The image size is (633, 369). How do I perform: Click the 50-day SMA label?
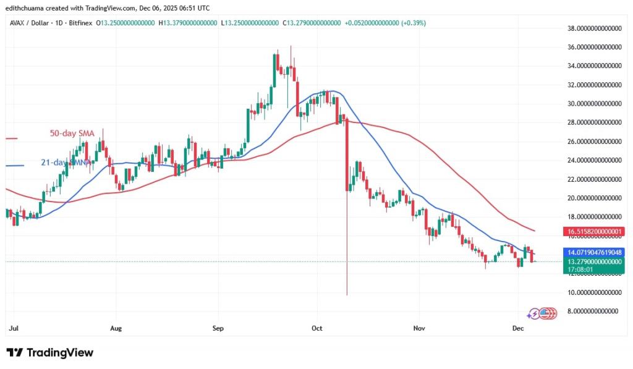click(72, 133)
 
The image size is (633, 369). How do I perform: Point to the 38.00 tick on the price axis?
click(594, 28)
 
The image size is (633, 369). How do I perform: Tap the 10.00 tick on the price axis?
click(594, 292)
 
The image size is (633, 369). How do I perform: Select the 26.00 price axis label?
click(594, 142)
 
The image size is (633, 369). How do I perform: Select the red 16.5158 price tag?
click(594, 232)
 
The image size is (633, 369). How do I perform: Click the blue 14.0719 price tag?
click(594, 252)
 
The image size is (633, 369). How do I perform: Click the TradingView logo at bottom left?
click(50, 352)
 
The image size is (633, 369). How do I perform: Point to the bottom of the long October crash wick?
click(347, 294)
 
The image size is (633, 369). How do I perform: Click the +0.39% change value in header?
click(413, 23)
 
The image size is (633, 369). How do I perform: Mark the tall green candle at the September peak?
click(274, 70)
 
